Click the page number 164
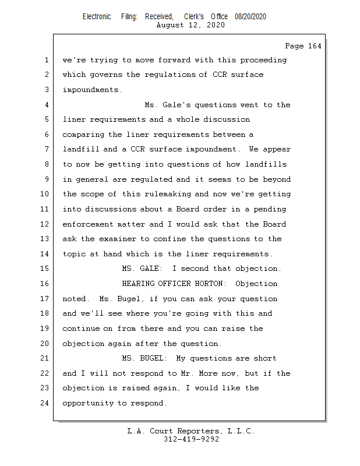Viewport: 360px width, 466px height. click(303, 46)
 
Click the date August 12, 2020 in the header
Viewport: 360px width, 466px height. click(191, 25)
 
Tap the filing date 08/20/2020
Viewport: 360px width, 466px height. click(250, 16)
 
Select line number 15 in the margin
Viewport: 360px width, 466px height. click(46, 269)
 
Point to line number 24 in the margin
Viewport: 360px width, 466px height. click(46, 403)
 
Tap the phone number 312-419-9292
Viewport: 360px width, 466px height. click(191, 440)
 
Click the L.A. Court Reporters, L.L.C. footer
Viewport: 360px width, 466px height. click(191, 432)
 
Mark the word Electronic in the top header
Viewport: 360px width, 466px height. click(97, 16)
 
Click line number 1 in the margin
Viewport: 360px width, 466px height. click(46, 60)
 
